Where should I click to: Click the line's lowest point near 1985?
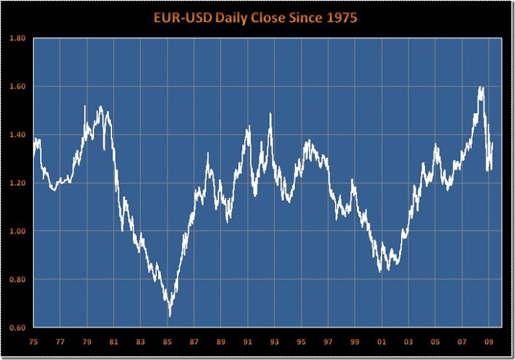pos(170,316)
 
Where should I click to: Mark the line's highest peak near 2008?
pos(481,88)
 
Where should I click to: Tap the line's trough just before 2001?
pos(380,272)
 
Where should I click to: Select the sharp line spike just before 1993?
pos(270,114)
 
